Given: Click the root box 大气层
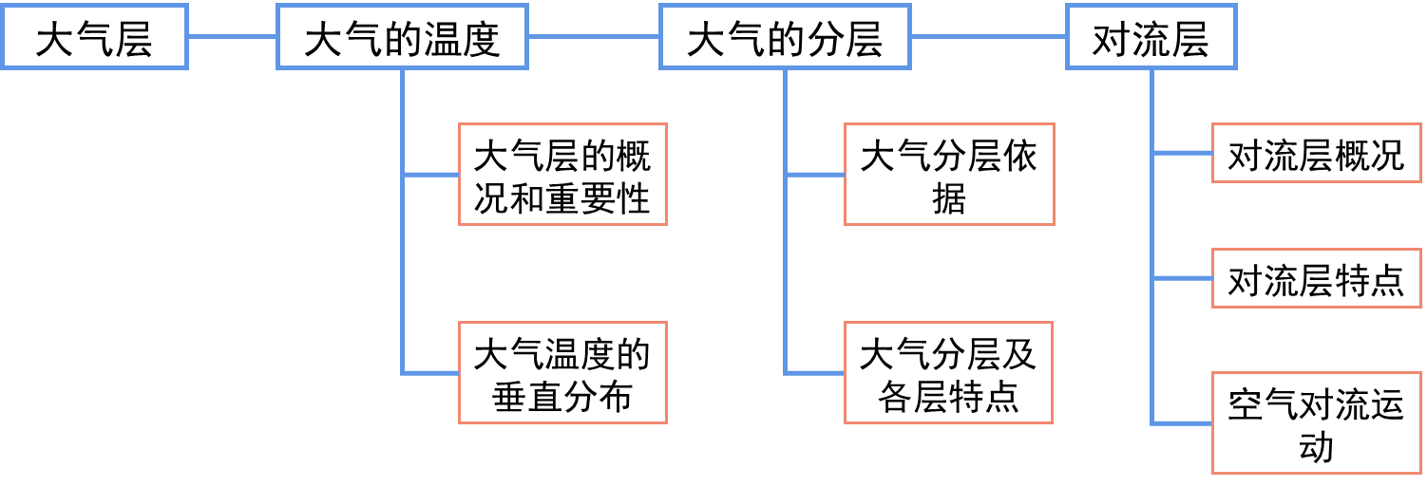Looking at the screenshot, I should pyautogui.click(x=93, y=37).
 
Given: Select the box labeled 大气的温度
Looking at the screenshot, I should pyautogui.click(x=402, y=37).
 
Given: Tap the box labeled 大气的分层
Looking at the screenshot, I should pyautogui.click(x=784, y=37).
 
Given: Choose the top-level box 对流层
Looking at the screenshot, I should pyautogui.click(x=1151, y=37).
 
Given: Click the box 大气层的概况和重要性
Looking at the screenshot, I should pyautogui.click(x=562, y=175).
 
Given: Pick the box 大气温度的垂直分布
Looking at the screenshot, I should pyautogui.click(x=562, y=372).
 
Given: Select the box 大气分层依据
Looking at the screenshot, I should pyautogui.click(x=948, y=175).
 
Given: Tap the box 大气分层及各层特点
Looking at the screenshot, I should pyautogui.click(x=948, y=372).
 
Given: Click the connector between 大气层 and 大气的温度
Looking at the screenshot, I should pyautogui.click(x=232, y=37).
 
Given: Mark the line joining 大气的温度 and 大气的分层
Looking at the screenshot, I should pyautogui.click(x=594, y=37).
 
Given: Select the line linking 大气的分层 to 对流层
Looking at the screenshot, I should pyautogui.click(x=988, y=37).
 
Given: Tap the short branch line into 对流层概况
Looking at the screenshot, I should pyautogui.click(x=1183, y=154).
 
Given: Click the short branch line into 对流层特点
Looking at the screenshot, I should pyautogui.click(x=1183, y=278).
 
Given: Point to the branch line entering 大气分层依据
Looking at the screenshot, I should pyautogui.click(x=815, y=175).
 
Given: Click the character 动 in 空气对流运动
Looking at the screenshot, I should pyautogui.click(x=1316, y=446).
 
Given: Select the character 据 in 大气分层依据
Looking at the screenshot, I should pyautogui.click(x=948, y=198).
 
